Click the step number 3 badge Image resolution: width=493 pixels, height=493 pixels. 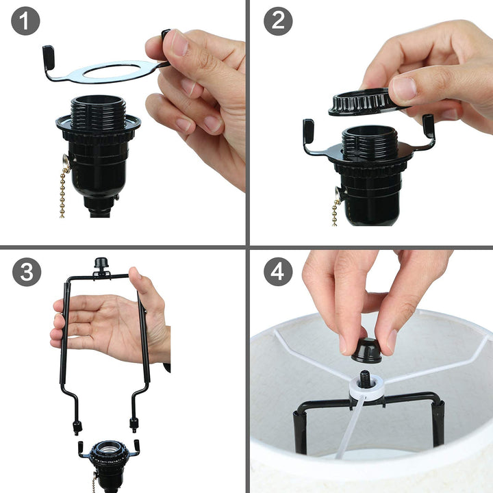click(26, 272)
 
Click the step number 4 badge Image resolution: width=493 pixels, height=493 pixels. click(278, 272)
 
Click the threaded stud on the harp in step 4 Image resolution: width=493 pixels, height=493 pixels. click(366, 377)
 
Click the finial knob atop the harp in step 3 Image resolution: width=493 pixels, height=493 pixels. click(102, 264)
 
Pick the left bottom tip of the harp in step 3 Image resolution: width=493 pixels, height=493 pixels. click(76, 428)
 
